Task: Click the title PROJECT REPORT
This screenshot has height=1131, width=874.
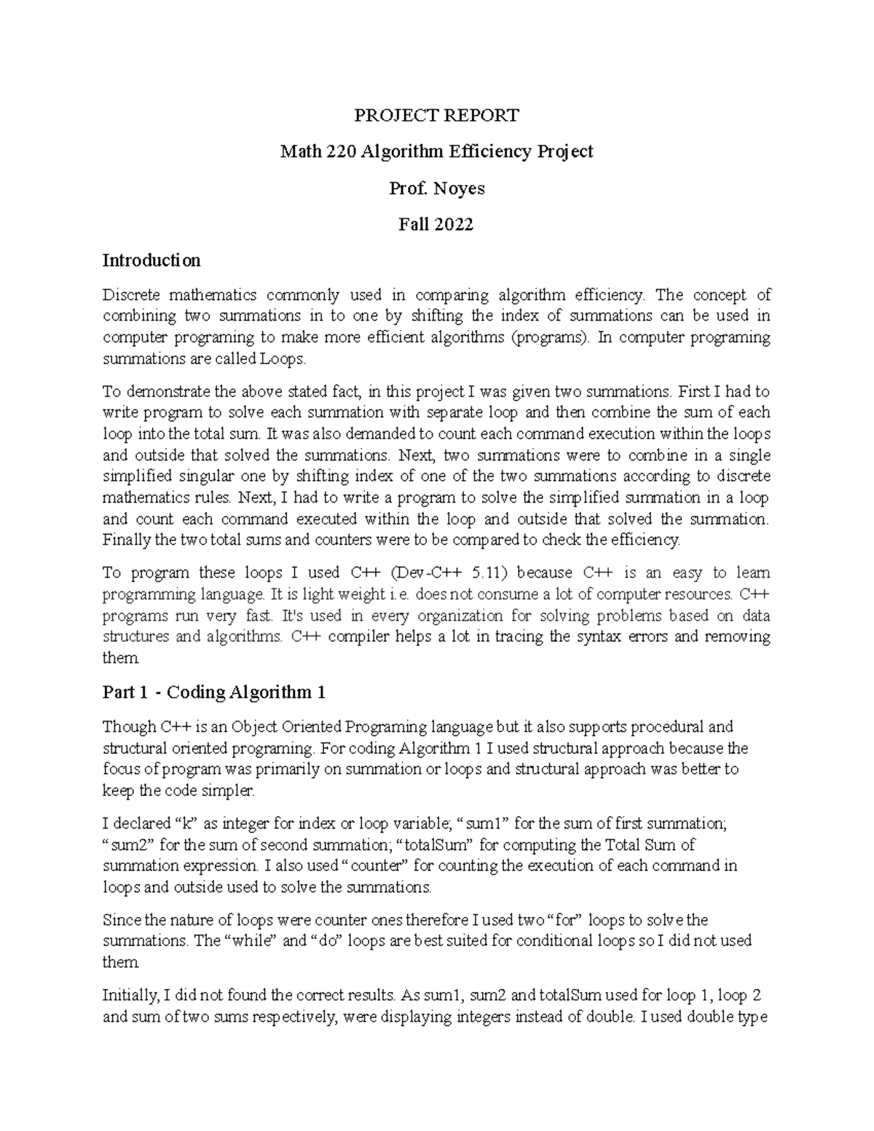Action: tap(436, 115)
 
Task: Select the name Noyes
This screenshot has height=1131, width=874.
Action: tap(459, 189)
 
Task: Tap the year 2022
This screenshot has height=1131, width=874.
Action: tap(454, 224)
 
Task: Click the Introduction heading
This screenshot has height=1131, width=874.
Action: tap(151, 260)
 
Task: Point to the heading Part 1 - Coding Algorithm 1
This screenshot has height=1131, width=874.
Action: tap(213, 692)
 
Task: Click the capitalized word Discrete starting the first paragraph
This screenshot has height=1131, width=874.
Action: tap(130, 295)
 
